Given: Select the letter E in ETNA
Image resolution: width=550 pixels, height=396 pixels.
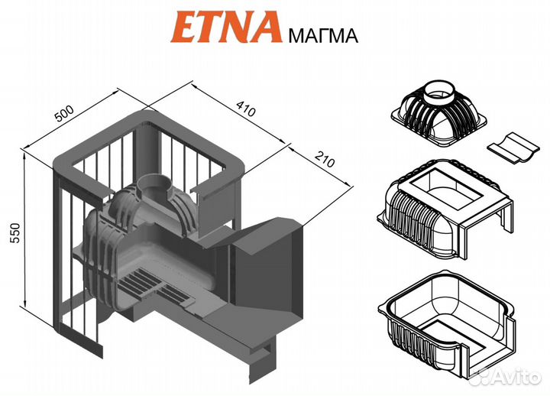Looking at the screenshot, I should tap(184, 28).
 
